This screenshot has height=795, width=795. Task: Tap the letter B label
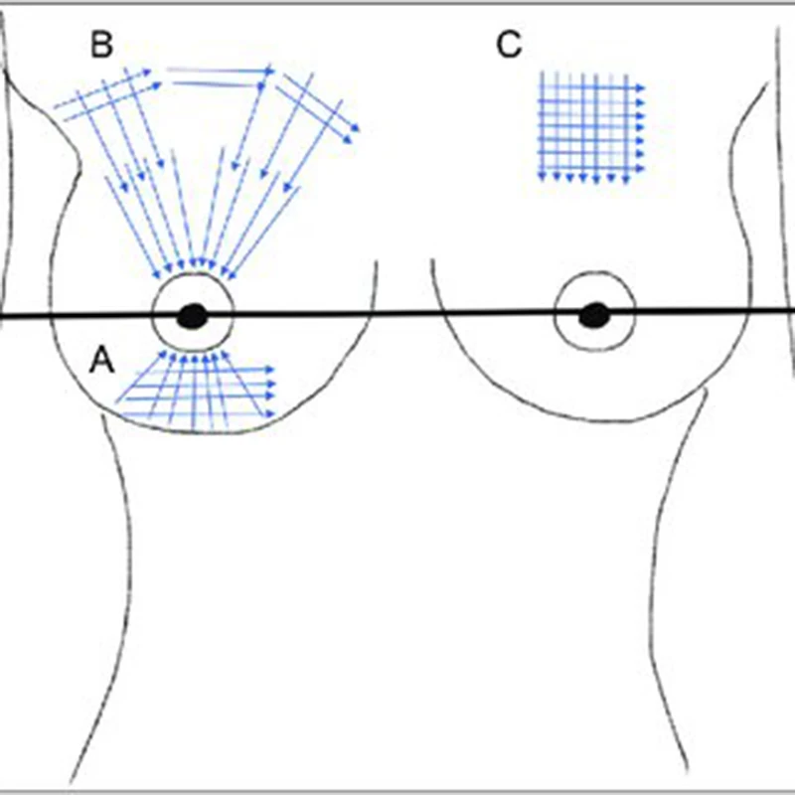click(102, 45)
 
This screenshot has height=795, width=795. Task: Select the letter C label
click(508, 45)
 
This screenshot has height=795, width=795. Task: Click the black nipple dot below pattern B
click(192, 317)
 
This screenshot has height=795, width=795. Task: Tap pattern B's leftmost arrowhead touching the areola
click(157, 278)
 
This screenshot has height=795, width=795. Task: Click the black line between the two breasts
click(402, 316)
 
